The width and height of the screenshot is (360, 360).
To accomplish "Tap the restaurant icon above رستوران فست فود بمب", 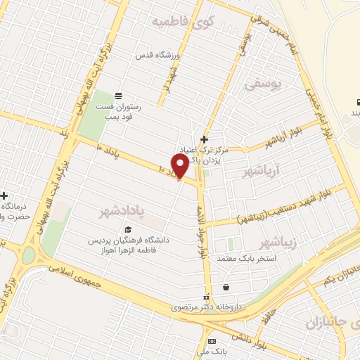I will (118, 96).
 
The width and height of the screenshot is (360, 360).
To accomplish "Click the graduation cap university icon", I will (127, 229).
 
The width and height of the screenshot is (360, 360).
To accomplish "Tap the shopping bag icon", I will (226, 287).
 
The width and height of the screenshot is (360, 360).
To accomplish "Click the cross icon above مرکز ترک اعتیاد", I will (204, 139).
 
